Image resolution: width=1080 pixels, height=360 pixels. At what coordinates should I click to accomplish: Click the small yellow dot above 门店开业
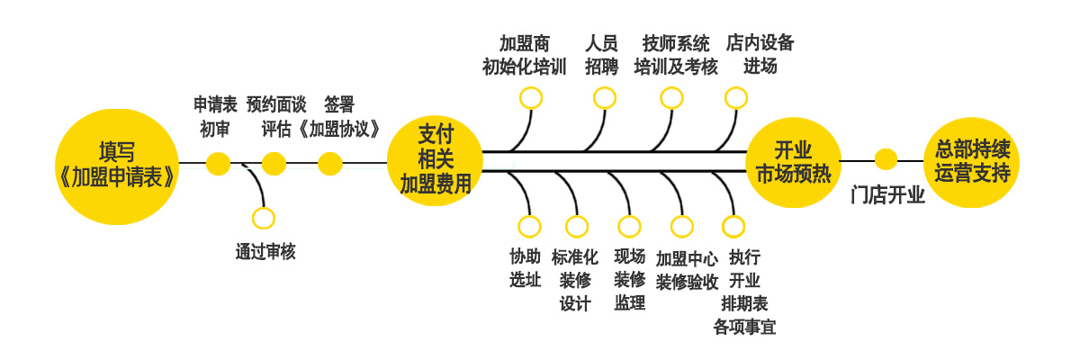886,159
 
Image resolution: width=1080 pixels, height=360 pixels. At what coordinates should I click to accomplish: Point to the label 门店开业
887,195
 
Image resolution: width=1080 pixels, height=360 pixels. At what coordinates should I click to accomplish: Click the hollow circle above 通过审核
264,218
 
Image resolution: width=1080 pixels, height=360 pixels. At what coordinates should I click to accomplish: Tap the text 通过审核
265,252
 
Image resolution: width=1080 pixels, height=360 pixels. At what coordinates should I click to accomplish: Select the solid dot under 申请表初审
218,163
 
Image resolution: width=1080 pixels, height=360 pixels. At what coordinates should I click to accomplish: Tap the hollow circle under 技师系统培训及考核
671,97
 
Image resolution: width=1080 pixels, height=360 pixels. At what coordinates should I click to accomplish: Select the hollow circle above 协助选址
530,226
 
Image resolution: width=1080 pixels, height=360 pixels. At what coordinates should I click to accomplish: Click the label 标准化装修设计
575,279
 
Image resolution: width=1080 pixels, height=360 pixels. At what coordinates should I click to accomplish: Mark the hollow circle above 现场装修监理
629,226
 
